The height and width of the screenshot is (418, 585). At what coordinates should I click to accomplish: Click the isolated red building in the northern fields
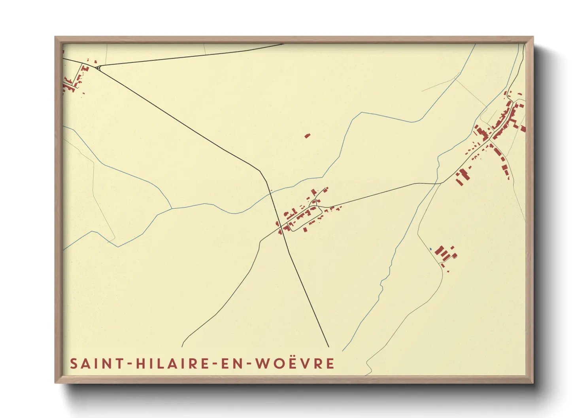click(307, 136)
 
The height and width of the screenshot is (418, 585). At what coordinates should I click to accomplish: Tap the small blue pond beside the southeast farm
click(430, 249)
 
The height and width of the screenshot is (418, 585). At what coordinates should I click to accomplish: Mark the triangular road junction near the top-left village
click(98, 68)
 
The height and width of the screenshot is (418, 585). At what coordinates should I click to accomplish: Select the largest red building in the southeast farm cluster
click(440, 251)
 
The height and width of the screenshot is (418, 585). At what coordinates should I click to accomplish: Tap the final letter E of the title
click(330, 363)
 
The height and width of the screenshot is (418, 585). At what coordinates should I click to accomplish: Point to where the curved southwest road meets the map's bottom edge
click(182, 346)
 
